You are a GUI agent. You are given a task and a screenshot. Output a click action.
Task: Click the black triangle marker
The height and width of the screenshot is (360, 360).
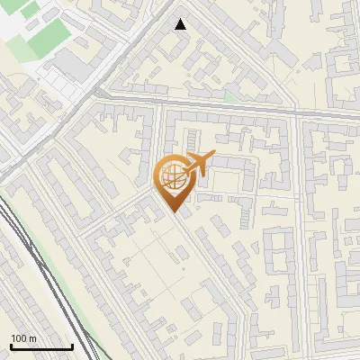[181, 24]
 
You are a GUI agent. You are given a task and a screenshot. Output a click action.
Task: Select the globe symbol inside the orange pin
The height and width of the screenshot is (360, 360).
[175, 176]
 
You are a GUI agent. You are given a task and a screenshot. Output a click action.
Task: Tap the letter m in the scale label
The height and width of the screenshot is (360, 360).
[33, 338]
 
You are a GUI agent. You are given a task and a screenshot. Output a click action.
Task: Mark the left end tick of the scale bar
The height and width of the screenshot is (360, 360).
[11, 346]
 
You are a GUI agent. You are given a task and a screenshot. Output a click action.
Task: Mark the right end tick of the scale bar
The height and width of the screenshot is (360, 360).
[72, 346]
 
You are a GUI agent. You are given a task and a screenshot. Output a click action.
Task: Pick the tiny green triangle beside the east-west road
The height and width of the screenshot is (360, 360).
[230, 96]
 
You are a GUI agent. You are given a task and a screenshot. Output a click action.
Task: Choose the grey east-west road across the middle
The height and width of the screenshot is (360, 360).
[225, 105]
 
